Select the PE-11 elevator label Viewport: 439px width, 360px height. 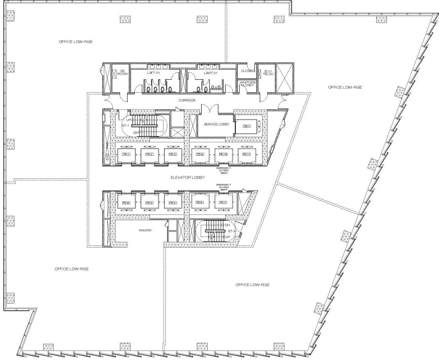246,154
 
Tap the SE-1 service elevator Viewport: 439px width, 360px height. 247,126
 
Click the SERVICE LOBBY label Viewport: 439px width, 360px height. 216,124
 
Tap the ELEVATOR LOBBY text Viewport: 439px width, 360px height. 188,177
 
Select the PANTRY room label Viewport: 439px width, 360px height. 145,231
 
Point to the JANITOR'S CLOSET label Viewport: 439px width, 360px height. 248,84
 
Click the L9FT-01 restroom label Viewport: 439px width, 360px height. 154,73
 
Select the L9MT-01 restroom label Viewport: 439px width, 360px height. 211,73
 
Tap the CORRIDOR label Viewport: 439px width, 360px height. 187,100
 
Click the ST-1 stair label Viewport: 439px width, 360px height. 125,125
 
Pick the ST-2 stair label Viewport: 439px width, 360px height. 232,231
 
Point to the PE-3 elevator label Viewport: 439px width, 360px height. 173,154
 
